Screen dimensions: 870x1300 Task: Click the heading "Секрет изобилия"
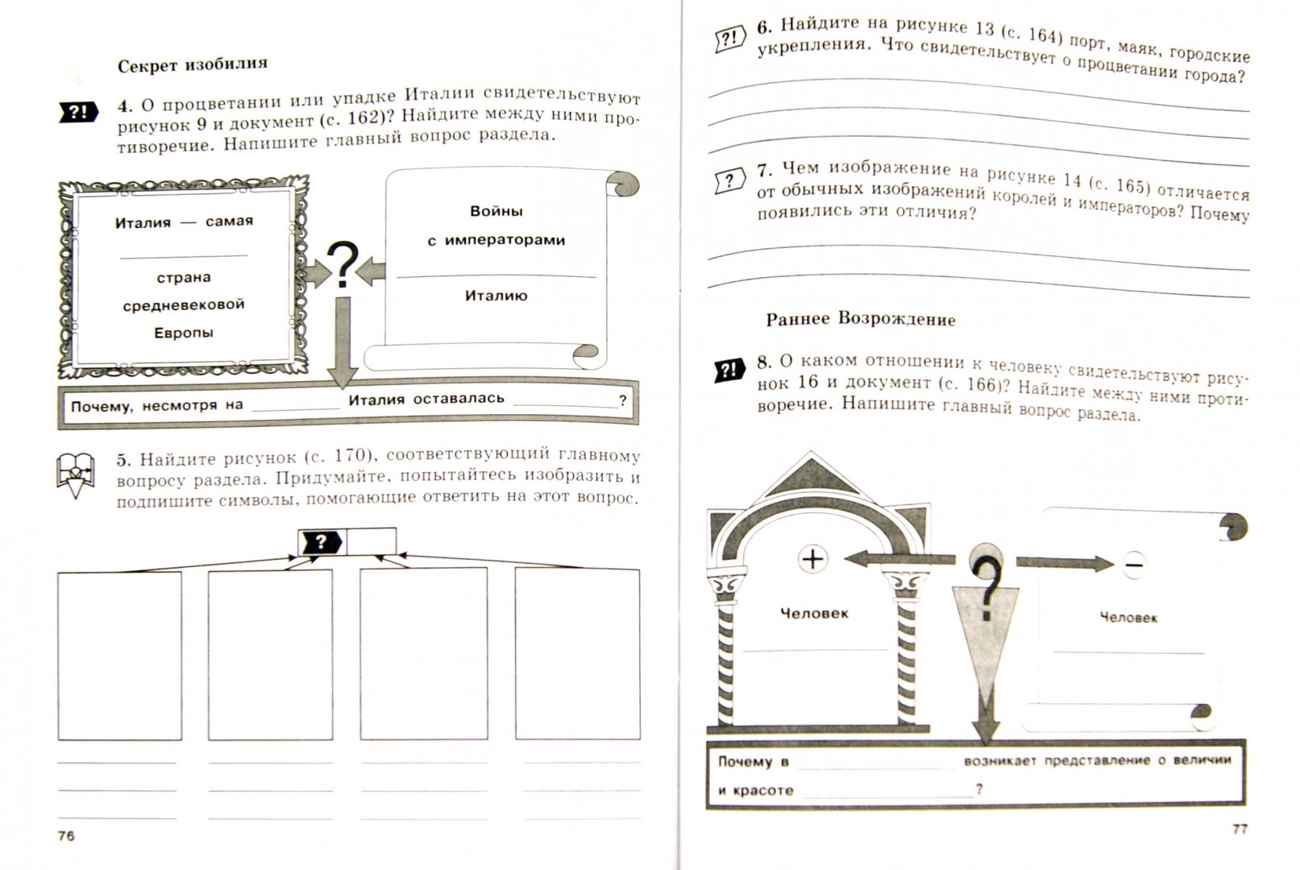(x=192, y=65)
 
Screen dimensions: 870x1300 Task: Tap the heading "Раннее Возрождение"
(x=860, y=319)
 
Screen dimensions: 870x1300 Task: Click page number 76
(x=66, y=835)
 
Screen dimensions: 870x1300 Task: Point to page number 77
(x=1239, y=827)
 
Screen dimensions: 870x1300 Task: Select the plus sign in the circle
(x=812, y=558)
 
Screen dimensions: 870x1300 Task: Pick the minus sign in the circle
(x=1133, y=565)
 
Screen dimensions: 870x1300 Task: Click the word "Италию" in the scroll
(x=496, y=296)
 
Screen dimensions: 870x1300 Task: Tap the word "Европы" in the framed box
(x=184, y=333)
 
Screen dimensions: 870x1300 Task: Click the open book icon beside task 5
(x=76, y=474)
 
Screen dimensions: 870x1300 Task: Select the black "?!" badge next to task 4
(x=78, y=112)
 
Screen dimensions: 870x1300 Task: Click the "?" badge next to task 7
(x=730, y=180)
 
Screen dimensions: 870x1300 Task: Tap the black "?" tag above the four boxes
(x=321, y=542)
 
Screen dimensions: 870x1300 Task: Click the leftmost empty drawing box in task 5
(x=119, y=654)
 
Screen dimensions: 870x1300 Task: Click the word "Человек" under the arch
(x=814, y=613)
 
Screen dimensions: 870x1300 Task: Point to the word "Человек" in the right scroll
(x=1128, y=617)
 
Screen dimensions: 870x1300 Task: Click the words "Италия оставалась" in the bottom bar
(x=426, y=399)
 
